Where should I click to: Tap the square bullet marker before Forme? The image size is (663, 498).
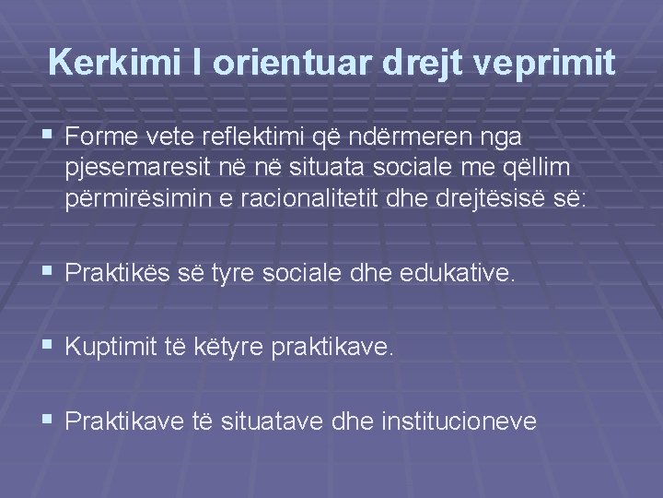click(48, 136)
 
